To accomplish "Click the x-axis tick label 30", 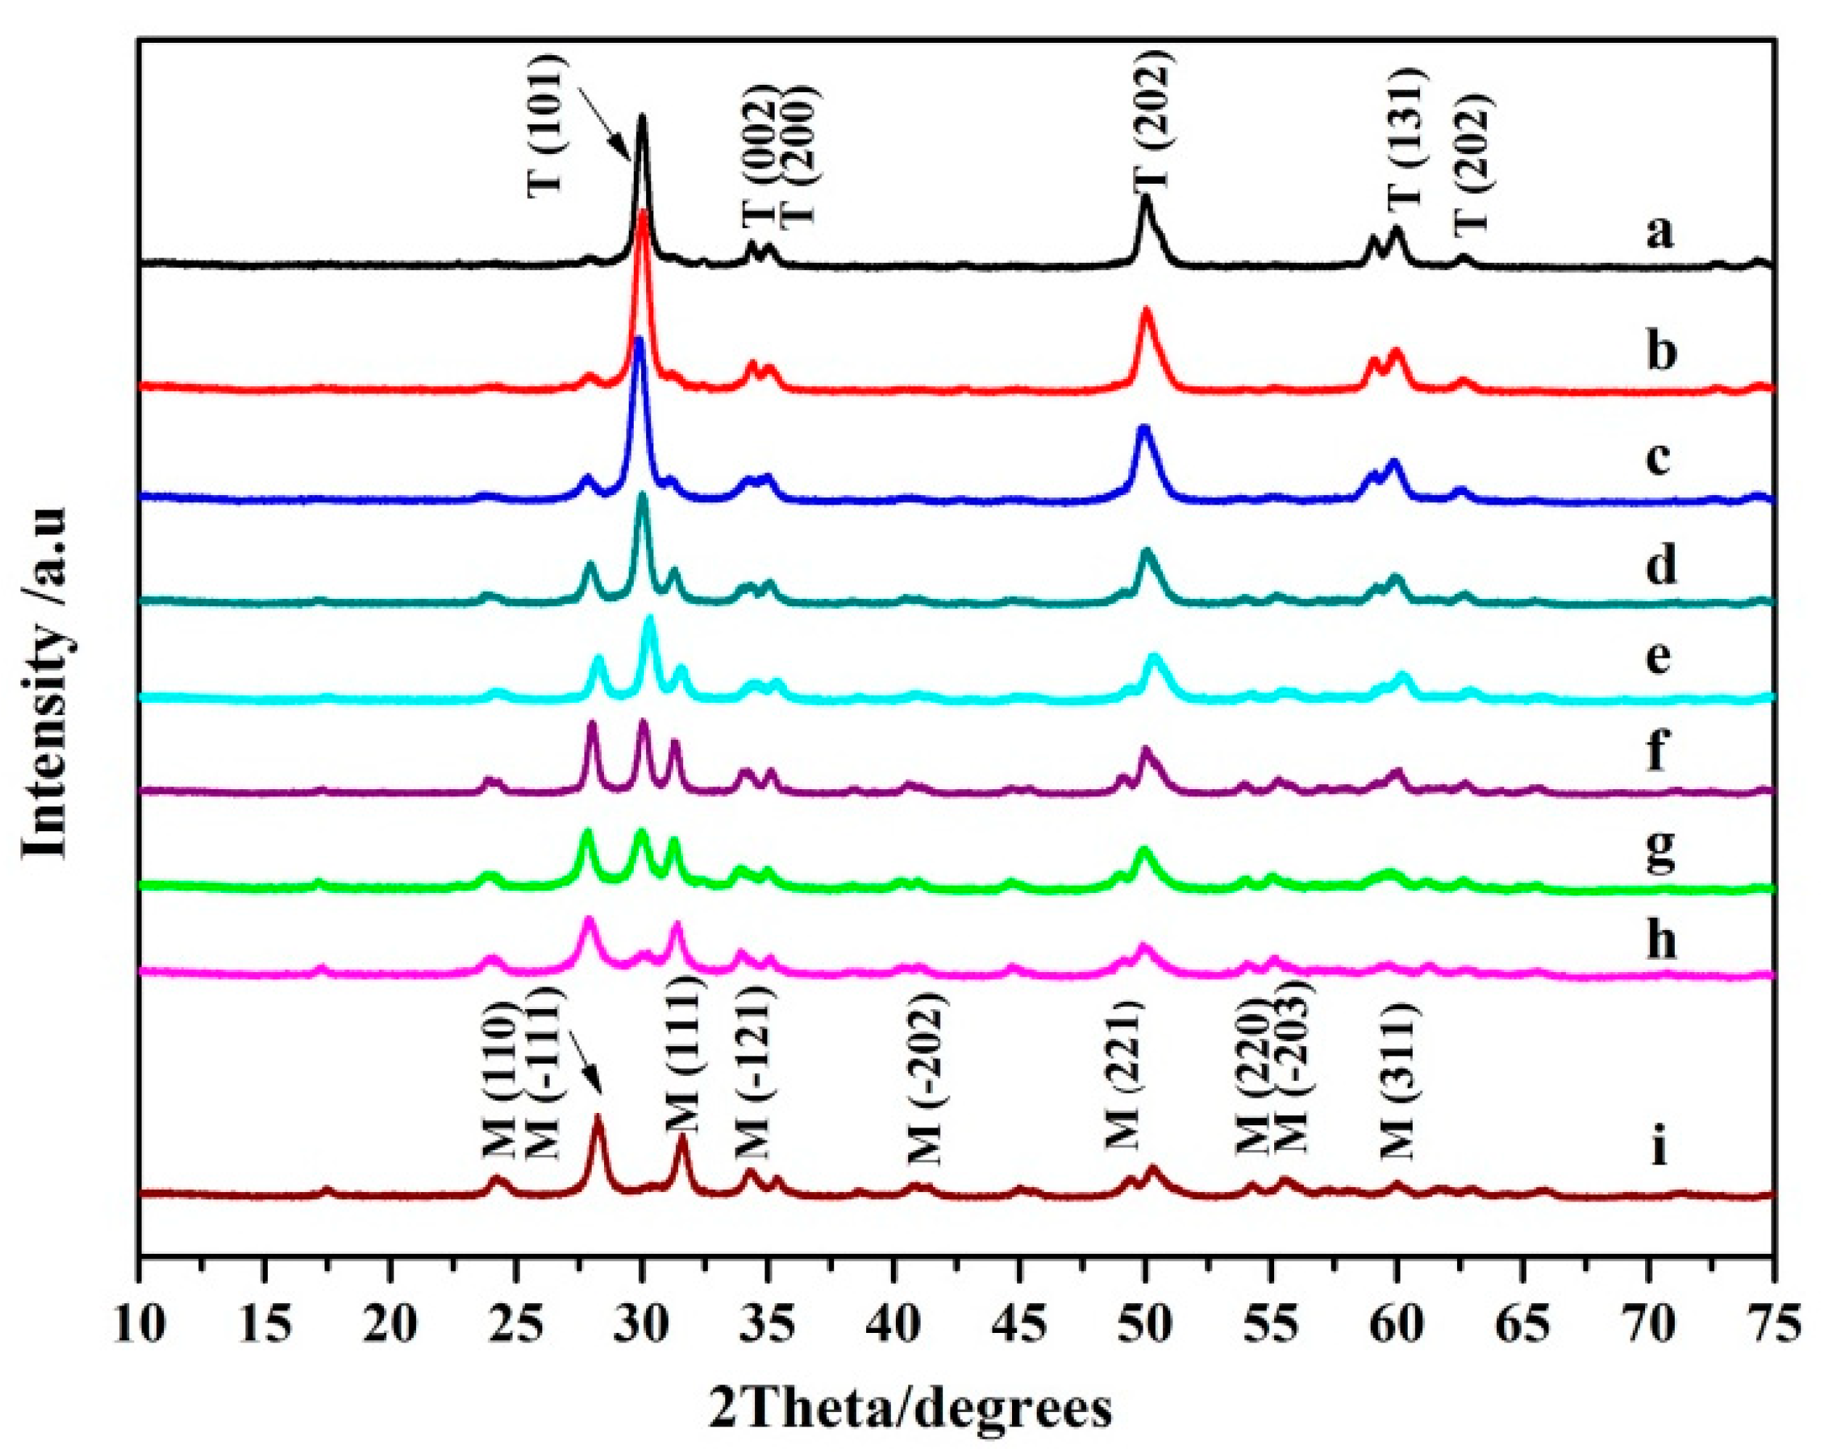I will tap(642, 1323).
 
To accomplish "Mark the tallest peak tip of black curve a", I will tap(642, 115).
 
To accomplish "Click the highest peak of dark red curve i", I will tap(597, 1116).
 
